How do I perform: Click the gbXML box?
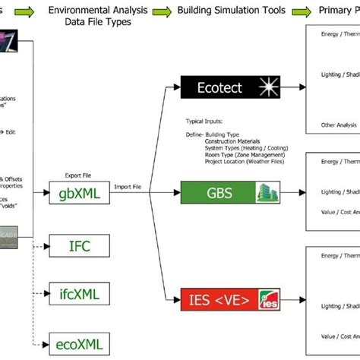pyautogui.click(x=80, y=194)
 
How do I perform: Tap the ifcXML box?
pyautogui.click(x=80, y=293)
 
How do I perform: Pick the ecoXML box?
pyautogui.click(x=80, y=343)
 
